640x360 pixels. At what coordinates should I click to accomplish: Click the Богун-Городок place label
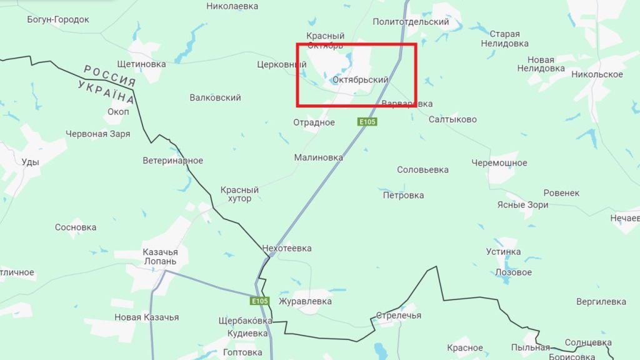coord(58,19)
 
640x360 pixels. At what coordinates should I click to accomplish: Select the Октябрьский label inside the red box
coord(361,80)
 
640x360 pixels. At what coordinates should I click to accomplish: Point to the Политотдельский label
coord(411,22)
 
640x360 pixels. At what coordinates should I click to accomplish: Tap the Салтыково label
coord(452,119)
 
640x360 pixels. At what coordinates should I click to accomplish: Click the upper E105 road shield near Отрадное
coord(367,122)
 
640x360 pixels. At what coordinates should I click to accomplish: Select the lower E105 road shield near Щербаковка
coord(259,301)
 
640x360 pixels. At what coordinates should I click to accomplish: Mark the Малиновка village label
coord(319,158)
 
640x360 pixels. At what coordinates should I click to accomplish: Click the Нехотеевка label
coord(287,248)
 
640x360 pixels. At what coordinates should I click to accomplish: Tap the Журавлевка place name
coord(305,301)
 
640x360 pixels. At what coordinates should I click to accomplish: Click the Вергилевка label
coord(601,301)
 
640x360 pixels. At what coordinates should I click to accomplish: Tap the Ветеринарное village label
coord(172,161)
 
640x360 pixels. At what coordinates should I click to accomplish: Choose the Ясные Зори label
coord(522,205)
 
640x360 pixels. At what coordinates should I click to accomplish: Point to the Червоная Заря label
coord(97,134)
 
